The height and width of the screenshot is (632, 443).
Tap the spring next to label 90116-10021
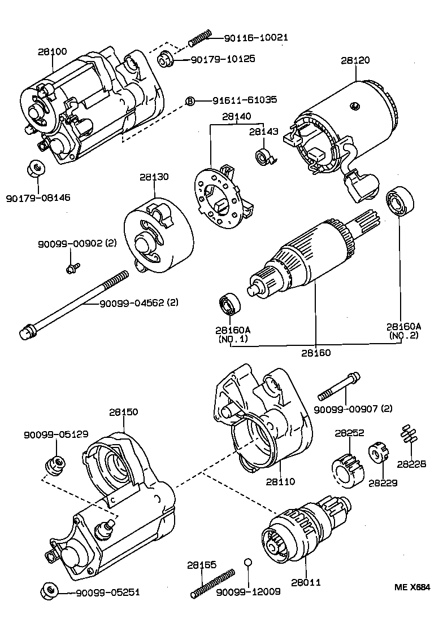199,38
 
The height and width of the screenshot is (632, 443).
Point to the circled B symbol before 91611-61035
190,100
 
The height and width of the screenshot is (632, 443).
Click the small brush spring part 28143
264,157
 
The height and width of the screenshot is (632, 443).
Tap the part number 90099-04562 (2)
138,303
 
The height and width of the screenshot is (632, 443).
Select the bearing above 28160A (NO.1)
230,305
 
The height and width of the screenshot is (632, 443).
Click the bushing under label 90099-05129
54,464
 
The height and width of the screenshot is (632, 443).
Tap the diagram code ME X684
416,587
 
